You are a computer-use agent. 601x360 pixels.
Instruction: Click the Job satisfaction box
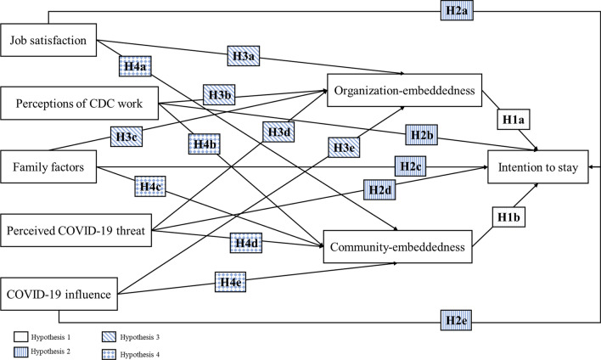click(x=48, y=40)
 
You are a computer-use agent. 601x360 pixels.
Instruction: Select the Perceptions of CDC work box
click(x=79, y=103)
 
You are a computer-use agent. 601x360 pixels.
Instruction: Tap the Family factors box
click(x=48, y=166)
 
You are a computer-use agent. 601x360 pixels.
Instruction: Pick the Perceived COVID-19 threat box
click(x=76, y=230)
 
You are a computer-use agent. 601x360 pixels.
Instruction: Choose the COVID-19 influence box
click(x=59, y=294)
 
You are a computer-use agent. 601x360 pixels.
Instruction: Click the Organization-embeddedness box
click(x=404, y=91)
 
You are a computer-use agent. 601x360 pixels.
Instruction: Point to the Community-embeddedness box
click(x=398, y=247)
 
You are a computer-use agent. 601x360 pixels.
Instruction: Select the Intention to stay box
click(x=537, y=166)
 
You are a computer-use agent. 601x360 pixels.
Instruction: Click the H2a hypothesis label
click(x=457, y=10)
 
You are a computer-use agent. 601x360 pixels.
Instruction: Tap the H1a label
click(x=514, y=120)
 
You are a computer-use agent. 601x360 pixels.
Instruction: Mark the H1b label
click(x=508, y=217)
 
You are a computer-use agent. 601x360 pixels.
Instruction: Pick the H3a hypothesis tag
click(x=244, y=56)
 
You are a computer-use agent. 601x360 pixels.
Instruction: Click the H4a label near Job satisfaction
click(x=135, y=66)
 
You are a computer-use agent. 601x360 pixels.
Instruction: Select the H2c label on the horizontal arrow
click(x=411, y=166)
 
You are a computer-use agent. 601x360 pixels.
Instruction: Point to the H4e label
click(x=230, y=282)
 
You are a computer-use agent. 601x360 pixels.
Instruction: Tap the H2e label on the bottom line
click(x=456, y=320)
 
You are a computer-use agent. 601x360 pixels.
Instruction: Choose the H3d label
click(x=278, y=132)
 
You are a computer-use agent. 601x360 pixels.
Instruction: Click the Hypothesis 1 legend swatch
click(x=20, y=337)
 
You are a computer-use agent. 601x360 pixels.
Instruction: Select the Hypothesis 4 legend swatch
click(x=109, y=355)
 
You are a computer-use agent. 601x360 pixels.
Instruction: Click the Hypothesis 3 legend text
click(x=140, y=337)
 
